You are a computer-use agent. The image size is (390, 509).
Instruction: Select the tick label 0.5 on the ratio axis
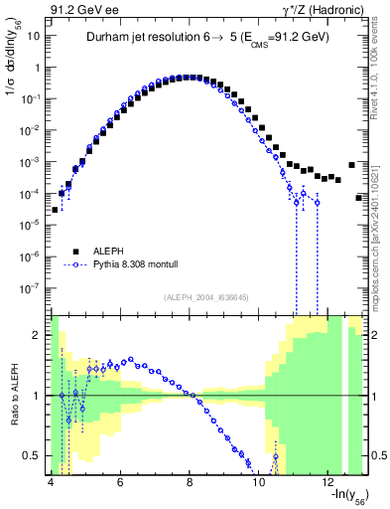coord(31,456)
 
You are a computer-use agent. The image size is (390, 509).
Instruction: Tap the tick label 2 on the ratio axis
coord(37,335)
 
